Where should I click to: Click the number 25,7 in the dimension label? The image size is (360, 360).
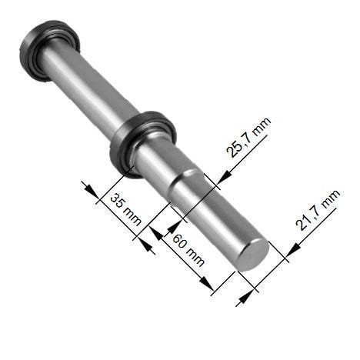(x=237, y=145)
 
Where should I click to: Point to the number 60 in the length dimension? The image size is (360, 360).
(x=179, y=241)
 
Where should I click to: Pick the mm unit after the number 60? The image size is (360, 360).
(x=195, y=257)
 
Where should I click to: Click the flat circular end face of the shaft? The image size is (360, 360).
(x=252, y=255)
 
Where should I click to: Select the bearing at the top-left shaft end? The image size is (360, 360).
(x=48, y=49)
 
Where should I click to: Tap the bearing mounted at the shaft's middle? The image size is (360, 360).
(x=142, y=144)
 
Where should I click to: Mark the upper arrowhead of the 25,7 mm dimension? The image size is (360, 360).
(x=224, y=177)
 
